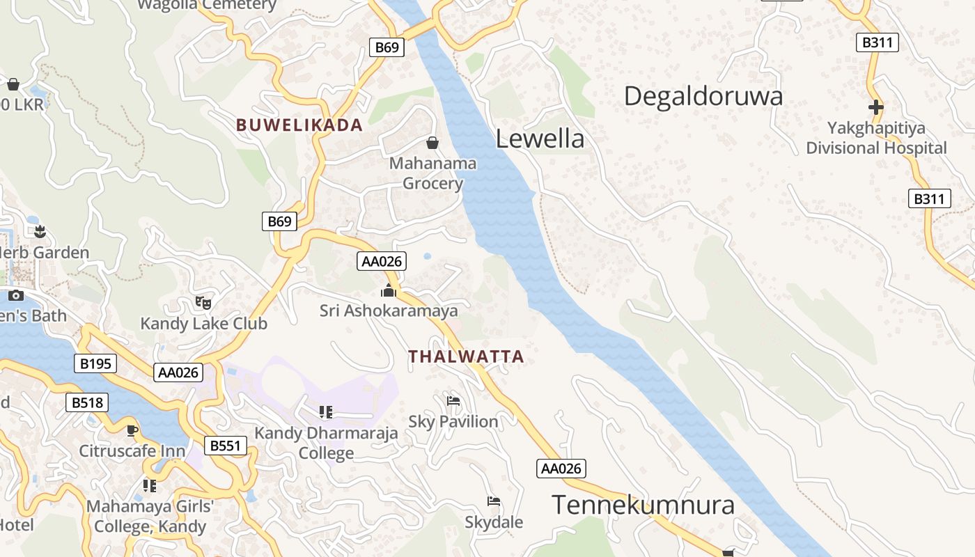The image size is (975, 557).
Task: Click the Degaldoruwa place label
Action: tap(703, 96)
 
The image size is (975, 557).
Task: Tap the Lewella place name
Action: tap(540, 139)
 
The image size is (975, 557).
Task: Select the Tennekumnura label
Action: tap(643, 505)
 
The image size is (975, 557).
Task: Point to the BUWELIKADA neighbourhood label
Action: tap(299, 125)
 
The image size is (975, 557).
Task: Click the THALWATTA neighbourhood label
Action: tap(466, 356)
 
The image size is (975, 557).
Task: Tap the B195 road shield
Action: tap(95, 363)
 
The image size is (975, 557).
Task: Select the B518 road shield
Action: tap(87, 402)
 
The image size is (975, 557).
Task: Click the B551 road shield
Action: tap(226, 446)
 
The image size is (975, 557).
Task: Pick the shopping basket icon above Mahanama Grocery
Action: tap(432, 143)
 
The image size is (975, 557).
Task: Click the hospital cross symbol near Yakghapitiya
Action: tap(876, 107)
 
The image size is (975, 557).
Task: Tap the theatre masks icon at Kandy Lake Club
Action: tap(203, 302)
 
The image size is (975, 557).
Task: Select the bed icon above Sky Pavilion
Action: tap(453, 400)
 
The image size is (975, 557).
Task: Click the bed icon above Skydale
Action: tap(494, 501)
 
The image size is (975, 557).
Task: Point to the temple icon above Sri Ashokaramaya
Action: tap(389, 290)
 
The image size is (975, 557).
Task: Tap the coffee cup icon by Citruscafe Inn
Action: tap(132, 430)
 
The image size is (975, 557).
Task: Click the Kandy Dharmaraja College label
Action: tap(326, 443)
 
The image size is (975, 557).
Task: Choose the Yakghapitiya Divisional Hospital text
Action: tap(876, 138)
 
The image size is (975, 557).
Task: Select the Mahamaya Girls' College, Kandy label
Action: tap(150, 516)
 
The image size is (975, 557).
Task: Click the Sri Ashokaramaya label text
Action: tap(389, 311)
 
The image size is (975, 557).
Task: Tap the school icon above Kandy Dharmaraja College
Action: tap(326, 412)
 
